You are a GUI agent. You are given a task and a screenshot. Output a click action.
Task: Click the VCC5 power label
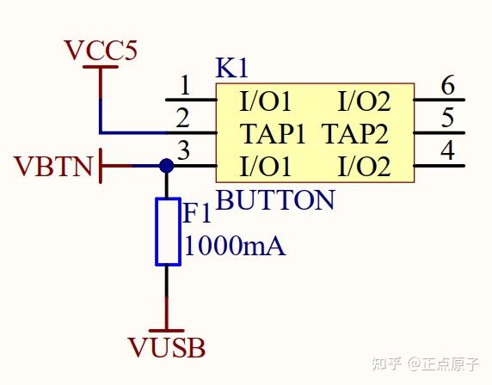[x=101, y=51]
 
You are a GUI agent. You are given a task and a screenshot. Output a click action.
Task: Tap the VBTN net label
[x=53, y=166]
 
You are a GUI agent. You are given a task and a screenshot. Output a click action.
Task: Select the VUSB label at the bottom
[x=166, y=348]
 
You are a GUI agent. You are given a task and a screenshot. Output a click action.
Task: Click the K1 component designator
[x=231, y=69]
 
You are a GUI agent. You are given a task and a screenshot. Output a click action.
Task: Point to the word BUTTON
[x=274, y=200]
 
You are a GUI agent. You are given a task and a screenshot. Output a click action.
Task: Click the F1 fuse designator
[x=197, y=215]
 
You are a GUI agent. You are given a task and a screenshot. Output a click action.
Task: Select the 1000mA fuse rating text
[x=234, y=247]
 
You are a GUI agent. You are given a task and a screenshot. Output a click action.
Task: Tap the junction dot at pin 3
[x=167, y=166]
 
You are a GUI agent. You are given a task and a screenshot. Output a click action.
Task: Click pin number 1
[x=184, y=86]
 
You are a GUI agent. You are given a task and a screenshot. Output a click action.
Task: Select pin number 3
[x=182, y=150]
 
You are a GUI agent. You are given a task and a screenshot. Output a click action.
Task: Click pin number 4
[x=446, y=150]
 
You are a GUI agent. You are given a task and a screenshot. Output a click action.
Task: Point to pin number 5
[x=446, y=118]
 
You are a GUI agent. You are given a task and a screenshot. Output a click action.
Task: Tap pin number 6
[x=446, y=86]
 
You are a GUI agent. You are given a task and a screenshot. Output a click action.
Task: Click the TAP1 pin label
[x=273, y=134]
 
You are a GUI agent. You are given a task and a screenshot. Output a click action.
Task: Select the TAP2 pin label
[x=355, y=134]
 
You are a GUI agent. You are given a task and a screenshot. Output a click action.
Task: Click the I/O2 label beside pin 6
[x=364, y=102]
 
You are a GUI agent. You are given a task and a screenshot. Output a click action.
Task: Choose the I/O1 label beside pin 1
[x=266, y=102]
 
